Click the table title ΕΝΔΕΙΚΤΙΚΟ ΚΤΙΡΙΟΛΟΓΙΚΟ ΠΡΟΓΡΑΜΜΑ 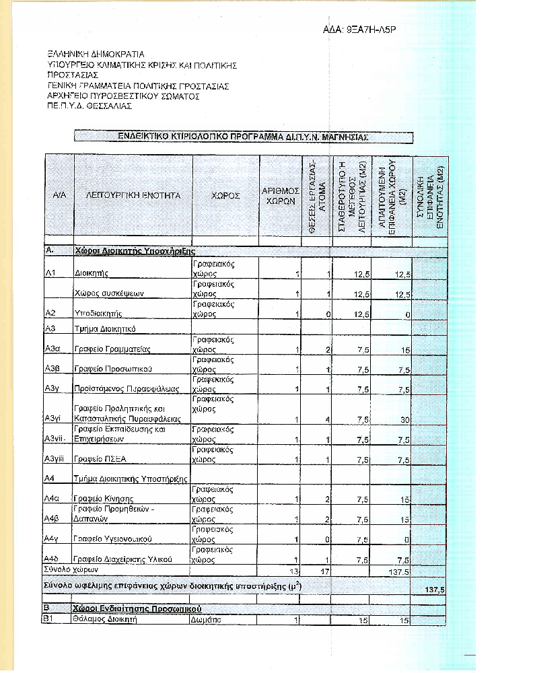click(243, 136)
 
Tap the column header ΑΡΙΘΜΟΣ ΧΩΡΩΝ click(280, 195)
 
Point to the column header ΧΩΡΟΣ click(225, 194)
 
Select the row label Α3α click(53, 349)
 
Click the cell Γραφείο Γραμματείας click(112, 349)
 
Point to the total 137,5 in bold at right click(434, 590)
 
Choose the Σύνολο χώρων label click(69, 570)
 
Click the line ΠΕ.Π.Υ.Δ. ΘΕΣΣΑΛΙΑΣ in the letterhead click(90, 106)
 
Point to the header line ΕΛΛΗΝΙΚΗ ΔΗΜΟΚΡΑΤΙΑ click(96, 54)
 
